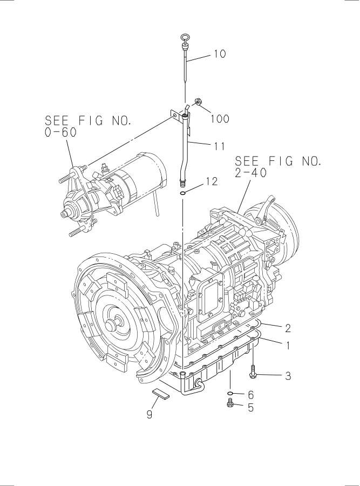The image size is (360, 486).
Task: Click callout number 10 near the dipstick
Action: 220,54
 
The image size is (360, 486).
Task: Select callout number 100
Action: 220,119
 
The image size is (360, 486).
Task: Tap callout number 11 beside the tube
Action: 219,146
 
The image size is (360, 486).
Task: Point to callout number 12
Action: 212,181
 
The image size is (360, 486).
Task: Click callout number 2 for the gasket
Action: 288,328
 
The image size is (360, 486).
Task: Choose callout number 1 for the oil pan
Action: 288,345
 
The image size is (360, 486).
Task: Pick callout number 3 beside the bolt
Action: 288,376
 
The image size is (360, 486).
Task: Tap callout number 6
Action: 250,395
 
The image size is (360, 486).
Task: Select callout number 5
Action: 250,407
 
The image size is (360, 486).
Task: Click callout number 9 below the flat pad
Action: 150,414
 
